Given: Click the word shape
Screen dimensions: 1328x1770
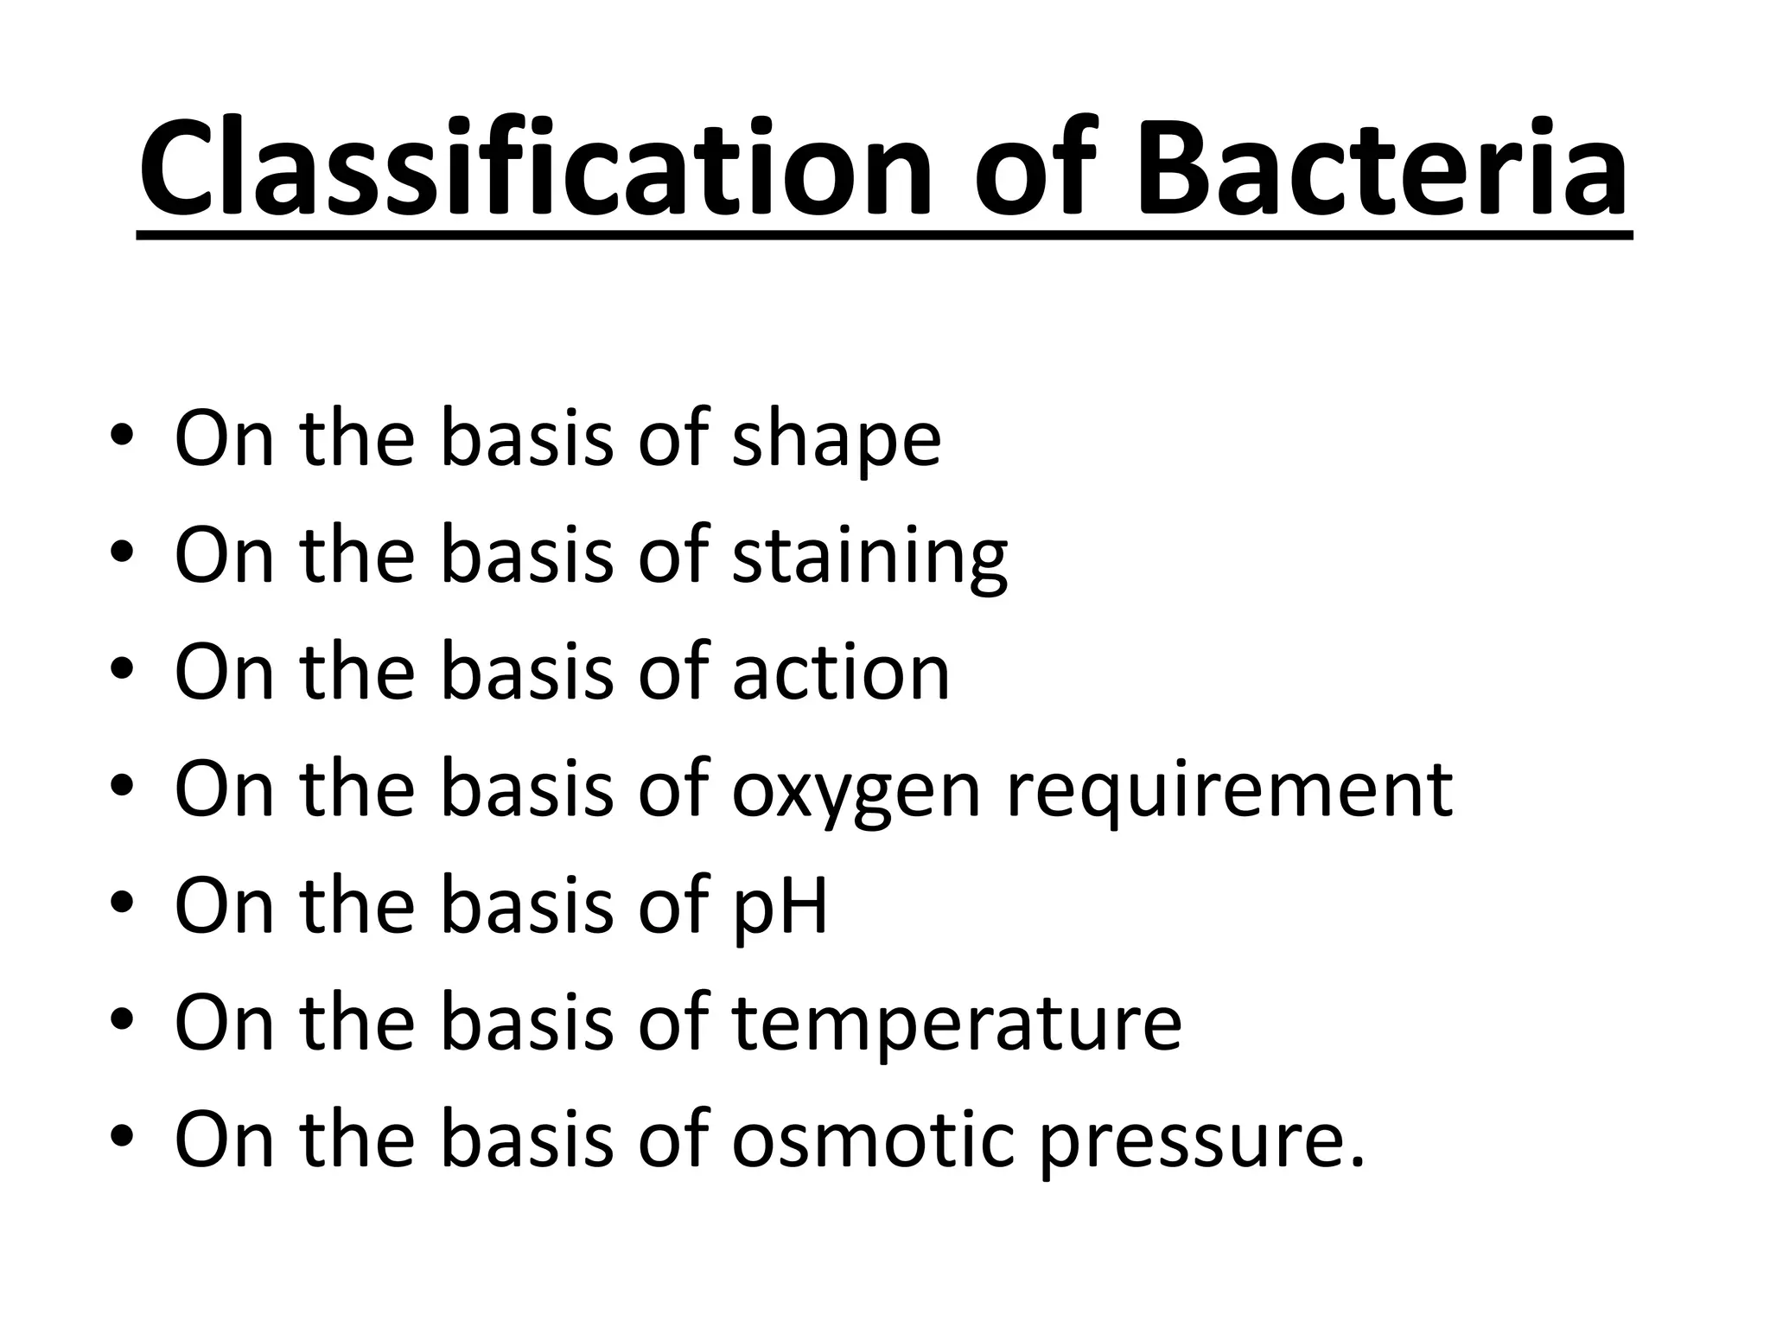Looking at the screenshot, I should (836, 441).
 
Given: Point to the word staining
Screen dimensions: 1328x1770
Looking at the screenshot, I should (869, 558).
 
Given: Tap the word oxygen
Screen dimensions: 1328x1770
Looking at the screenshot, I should (856, 791).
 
